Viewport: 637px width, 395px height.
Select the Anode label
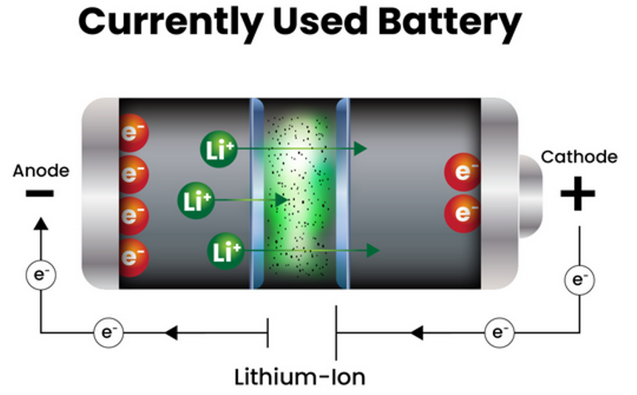tap(41, 171)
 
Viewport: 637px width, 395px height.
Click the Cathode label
tap(579, 157)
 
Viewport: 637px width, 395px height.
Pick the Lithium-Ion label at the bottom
tap(299, 377)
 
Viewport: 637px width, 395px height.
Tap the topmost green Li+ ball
tap(217, 148)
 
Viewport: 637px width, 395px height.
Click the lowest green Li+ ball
tap(226, 251)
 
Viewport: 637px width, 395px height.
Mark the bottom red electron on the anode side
tap(133, 256)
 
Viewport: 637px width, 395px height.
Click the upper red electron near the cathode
tap(463, 174)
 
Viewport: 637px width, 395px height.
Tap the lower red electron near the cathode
tap(463, 213)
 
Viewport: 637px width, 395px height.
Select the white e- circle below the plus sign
tap(579, 280)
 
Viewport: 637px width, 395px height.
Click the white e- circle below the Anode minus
tap(41, 275)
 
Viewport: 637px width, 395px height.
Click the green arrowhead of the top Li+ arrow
tap(360, 148)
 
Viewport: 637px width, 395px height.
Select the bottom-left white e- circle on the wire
tap(109, 333)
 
